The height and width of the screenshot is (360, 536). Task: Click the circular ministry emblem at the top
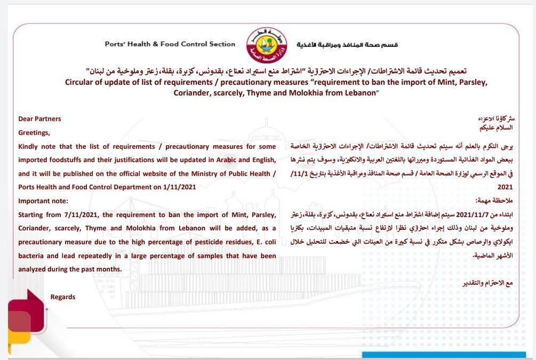267,45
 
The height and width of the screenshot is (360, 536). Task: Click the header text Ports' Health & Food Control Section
170,44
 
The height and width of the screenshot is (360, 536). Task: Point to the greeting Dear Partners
39,119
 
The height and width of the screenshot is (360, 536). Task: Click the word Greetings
34,133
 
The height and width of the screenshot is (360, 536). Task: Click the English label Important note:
43,201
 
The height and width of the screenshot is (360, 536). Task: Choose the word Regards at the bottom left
63,297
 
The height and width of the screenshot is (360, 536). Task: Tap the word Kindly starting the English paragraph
29,146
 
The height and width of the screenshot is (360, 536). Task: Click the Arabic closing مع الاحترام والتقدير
487,283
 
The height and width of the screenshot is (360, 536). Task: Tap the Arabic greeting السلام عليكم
497,128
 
